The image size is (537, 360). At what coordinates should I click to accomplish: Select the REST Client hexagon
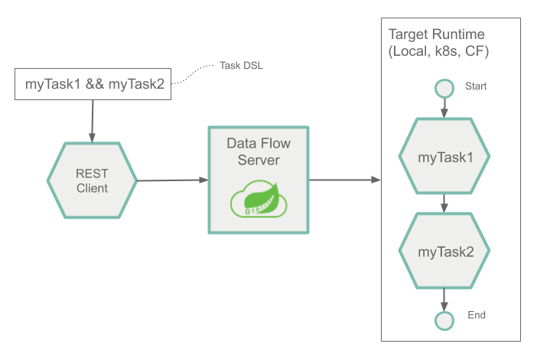coord(92,180)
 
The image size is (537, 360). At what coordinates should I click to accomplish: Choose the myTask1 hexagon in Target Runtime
coord(444,157)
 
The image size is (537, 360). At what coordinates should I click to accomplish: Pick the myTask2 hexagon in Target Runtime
coord(444,251)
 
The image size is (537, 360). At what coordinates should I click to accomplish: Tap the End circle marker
coord(444,319)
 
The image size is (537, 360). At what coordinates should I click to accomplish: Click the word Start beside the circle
coord(476,86)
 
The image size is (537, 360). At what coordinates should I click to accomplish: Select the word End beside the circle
coord(476,315)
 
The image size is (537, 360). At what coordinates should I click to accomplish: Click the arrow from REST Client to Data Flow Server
coord(172,180)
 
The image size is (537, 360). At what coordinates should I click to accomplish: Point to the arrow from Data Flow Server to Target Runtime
coord(344,180)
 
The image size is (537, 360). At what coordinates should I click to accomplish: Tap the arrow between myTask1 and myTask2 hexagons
coord(444,204)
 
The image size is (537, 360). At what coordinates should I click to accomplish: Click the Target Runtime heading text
coord(436,35)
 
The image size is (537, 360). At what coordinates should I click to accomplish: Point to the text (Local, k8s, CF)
coord(439,53)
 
